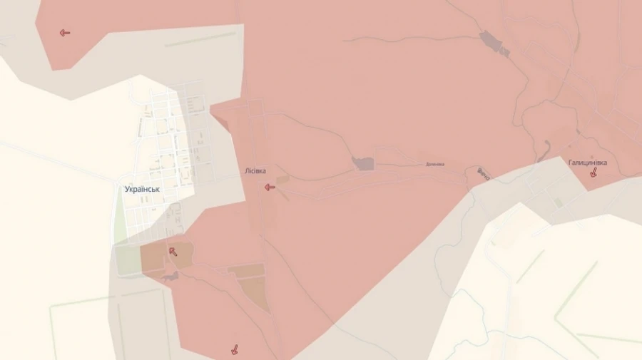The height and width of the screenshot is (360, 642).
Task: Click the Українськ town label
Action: [141, 190]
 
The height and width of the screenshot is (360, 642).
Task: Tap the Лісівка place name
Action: [255, 172]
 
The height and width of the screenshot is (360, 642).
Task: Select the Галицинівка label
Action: [588, 163]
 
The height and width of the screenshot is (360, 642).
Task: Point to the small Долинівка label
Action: [434, 164]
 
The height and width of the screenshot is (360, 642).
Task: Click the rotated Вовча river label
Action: [483, 174]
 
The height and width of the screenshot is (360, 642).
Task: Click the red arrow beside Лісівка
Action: [270, 187]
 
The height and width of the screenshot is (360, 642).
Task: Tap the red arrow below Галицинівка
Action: [593, 172]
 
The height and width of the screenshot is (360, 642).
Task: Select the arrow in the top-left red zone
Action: [65, 32]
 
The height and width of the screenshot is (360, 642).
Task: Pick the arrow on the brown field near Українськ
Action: [173, 251]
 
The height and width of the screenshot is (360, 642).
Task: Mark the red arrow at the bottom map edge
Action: [233, 349]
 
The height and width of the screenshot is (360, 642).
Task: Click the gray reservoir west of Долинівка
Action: [364, 163]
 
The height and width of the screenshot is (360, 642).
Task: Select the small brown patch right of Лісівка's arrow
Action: [283, 179]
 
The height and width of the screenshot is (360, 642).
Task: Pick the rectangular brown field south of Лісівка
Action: [246, 272]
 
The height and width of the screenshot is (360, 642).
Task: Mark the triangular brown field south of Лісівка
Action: [255, 294]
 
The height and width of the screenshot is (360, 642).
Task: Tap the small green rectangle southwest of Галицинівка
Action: [558, 203]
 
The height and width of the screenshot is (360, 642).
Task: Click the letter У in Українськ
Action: [127, 190]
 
